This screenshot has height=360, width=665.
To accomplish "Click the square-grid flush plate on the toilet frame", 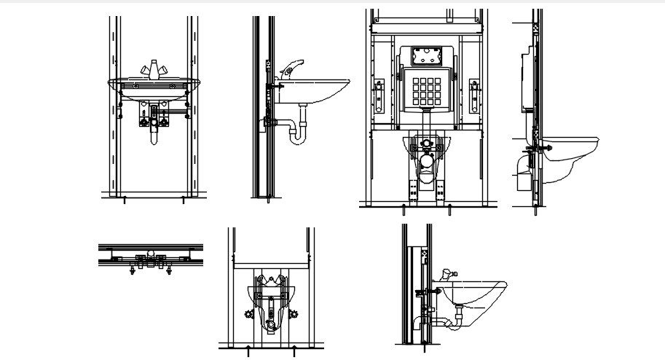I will [x=426, y=90].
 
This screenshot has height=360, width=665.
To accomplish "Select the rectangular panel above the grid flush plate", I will [x=426, y=55].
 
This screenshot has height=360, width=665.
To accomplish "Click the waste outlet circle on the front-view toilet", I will [x=426, y=157].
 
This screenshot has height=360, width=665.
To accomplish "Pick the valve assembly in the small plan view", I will [x=151, y=259].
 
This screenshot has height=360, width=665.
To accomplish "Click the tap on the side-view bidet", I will [x=446, y=275].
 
